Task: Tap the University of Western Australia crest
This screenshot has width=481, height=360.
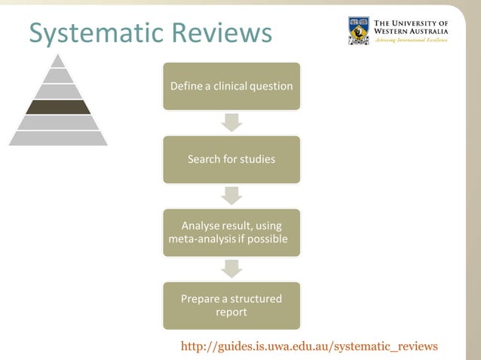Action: (x=359, y=31)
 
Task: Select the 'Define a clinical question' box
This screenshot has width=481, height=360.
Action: (x=231, y=86)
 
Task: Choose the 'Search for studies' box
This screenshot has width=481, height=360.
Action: (x=231, y=159)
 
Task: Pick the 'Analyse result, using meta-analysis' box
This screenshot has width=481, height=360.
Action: (x=231, y=233)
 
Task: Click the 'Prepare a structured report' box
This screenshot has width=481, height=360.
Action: (x=231, y=305)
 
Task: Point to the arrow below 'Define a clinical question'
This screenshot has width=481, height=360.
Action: (x=231, y=122)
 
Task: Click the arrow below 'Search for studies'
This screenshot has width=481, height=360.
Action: (x=231, y=195)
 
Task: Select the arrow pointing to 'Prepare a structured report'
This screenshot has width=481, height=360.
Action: (x=231, y=268)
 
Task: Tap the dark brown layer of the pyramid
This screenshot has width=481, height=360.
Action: (x=58, y=107)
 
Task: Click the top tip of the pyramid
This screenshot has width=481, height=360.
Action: (x=58, y=60)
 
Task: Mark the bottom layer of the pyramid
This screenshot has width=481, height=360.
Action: (x=58, y=138)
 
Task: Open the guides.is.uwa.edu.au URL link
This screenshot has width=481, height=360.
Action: (x=309, y=346)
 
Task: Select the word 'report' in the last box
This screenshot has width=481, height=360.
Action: (x=231, y=312)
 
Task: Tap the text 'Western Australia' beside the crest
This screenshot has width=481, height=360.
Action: (x=411, y=32)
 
